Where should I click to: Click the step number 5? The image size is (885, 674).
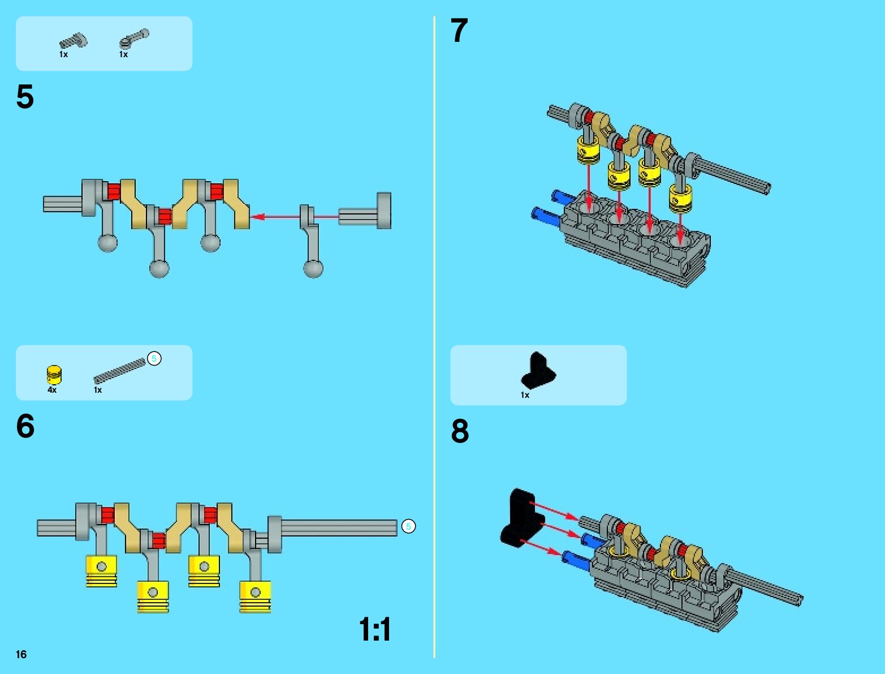point(25,97)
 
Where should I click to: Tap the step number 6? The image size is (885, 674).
point(25,426)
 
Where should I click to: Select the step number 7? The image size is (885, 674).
point(459,31)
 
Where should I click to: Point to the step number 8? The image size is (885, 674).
point(460,431)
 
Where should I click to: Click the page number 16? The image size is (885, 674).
point(21,654)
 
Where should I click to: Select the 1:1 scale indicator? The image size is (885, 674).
point(374,629)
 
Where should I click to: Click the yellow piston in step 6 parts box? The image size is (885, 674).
point(54,375)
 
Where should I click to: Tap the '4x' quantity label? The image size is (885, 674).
point(52,390)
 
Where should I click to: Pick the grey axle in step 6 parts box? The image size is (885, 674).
point(119,371)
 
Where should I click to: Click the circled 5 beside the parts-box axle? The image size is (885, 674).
point(154,358)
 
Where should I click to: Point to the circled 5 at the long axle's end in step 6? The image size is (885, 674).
point(408,526)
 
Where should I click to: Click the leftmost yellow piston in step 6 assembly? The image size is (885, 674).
point(102,570)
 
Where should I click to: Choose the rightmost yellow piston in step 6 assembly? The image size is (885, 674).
point(255,596)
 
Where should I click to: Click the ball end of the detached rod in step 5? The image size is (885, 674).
point(313,268)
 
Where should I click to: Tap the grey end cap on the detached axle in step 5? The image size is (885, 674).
point(384,211)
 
